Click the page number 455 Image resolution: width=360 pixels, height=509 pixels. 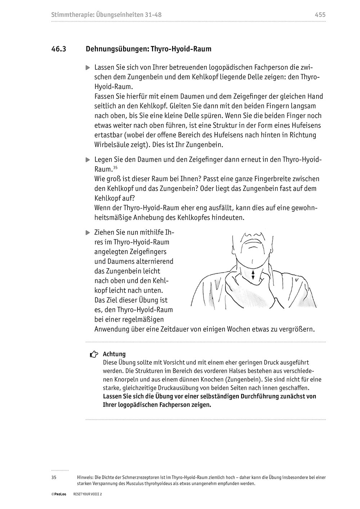click(x=320, y=15)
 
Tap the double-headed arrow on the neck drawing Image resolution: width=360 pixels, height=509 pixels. click(x=253, y=275)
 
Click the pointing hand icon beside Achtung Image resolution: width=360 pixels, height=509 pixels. click(x=94, y=355)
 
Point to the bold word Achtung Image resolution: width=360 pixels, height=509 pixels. click(x=114, y=354)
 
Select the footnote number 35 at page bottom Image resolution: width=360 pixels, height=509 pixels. click(x=54, y=478)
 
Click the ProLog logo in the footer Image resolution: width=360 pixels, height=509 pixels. click(x=58, y=495)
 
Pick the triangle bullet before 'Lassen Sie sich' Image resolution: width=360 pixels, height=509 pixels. click(x=87, y=68)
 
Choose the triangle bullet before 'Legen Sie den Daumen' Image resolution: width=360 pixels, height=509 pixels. click(x=87, y=159)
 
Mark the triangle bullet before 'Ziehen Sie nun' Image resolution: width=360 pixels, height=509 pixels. click(x=87, y=233)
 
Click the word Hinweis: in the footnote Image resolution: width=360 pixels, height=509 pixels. click(x=85, y=478)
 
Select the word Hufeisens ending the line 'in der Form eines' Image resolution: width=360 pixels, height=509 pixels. click(x=302, y=126)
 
